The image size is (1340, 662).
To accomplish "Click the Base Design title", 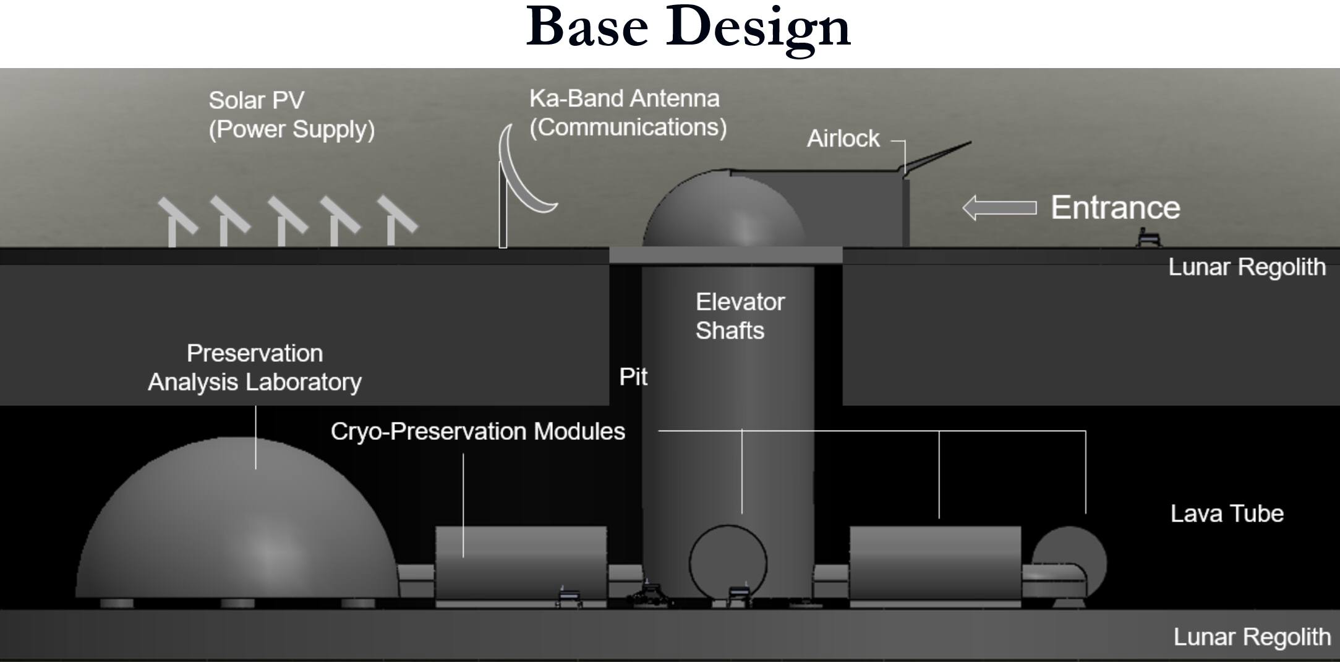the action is [x=688, y=28].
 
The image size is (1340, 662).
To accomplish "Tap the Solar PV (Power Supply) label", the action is [x=291, y=115].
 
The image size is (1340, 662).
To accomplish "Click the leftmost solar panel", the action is [x=177, y=221].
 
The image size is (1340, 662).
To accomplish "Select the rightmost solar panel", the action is [x=396, y=220].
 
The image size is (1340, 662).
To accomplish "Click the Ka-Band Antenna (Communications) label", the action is [x=628, y=113].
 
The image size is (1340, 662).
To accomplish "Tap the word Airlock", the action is [x=843, y=139].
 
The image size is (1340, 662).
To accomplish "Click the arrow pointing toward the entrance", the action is [x=999, y=208].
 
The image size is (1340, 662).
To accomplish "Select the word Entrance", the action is [x=1116, y=207].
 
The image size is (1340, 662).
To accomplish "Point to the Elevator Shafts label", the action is [x=740, y=316].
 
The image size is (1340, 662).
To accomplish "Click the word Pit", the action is [x=633, y=377].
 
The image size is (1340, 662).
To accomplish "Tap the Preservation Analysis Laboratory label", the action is [x=255, y=368].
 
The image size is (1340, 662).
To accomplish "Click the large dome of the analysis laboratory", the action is [x=237, y=520].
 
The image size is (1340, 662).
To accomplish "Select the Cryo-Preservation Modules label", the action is [x=477, y=431].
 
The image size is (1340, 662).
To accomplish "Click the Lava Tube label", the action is [x=1227, y=514].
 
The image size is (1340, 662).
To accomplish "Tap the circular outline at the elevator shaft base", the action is [x=690, y=563].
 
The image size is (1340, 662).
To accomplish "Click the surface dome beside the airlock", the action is [x=723, y=209].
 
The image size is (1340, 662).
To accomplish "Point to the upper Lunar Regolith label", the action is [x=1247, y=267].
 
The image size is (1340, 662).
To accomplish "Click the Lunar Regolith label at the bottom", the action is [x=1252, y=637].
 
